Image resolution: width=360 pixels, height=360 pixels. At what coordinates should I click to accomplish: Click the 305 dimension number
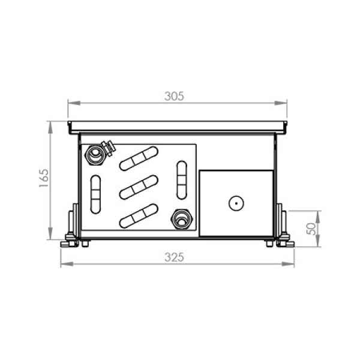click(x=174, y=96)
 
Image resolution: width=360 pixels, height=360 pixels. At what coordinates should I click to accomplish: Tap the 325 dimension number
click(x=174, y=257)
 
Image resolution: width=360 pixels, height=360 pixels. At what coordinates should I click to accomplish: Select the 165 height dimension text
click(x=44, y=178)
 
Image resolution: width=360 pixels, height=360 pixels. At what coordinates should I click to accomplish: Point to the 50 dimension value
click(x=311, y=229)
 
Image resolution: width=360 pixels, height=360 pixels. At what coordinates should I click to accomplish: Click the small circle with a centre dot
click(x=236, y=203)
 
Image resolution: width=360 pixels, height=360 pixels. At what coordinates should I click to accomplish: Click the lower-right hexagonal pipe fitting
click(x=182, y=219)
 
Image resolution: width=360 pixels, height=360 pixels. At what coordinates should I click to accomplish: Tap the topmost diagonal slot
click(x=139, y=158)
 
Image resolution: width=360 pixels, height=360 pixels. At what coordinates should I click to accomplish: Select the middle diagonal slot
click(x=139, y=187)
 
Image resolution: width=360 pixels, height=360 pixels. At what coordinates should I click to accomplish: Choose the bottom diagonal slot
click(x=139, y=216)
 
